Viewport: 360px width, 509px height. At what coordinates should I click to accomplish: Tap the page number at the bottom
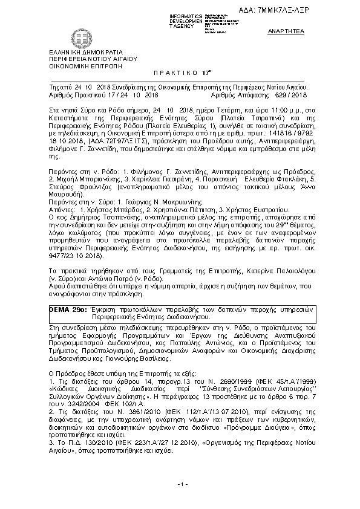click(x=180, y=484)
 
